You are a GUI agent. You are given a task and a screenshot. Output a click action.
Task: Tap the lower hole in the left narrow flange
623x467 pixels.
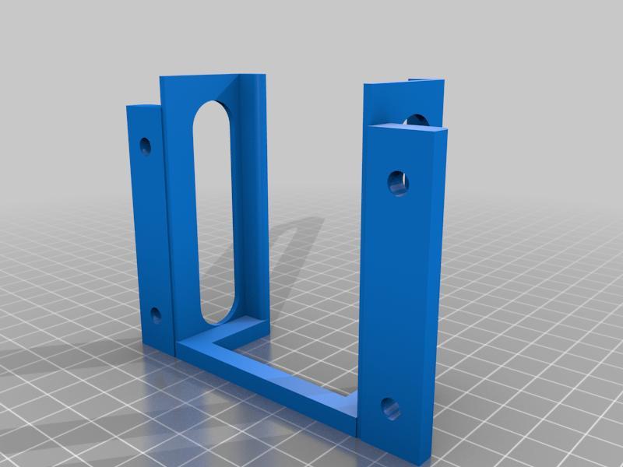(155, 315)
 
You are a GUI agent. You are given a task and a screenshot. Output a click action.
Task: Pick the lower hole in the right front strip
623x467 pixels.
(389, 406)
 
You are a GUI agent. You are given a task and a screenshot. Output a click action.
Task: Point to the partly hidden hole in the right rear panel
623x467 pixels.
(415, 120)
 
